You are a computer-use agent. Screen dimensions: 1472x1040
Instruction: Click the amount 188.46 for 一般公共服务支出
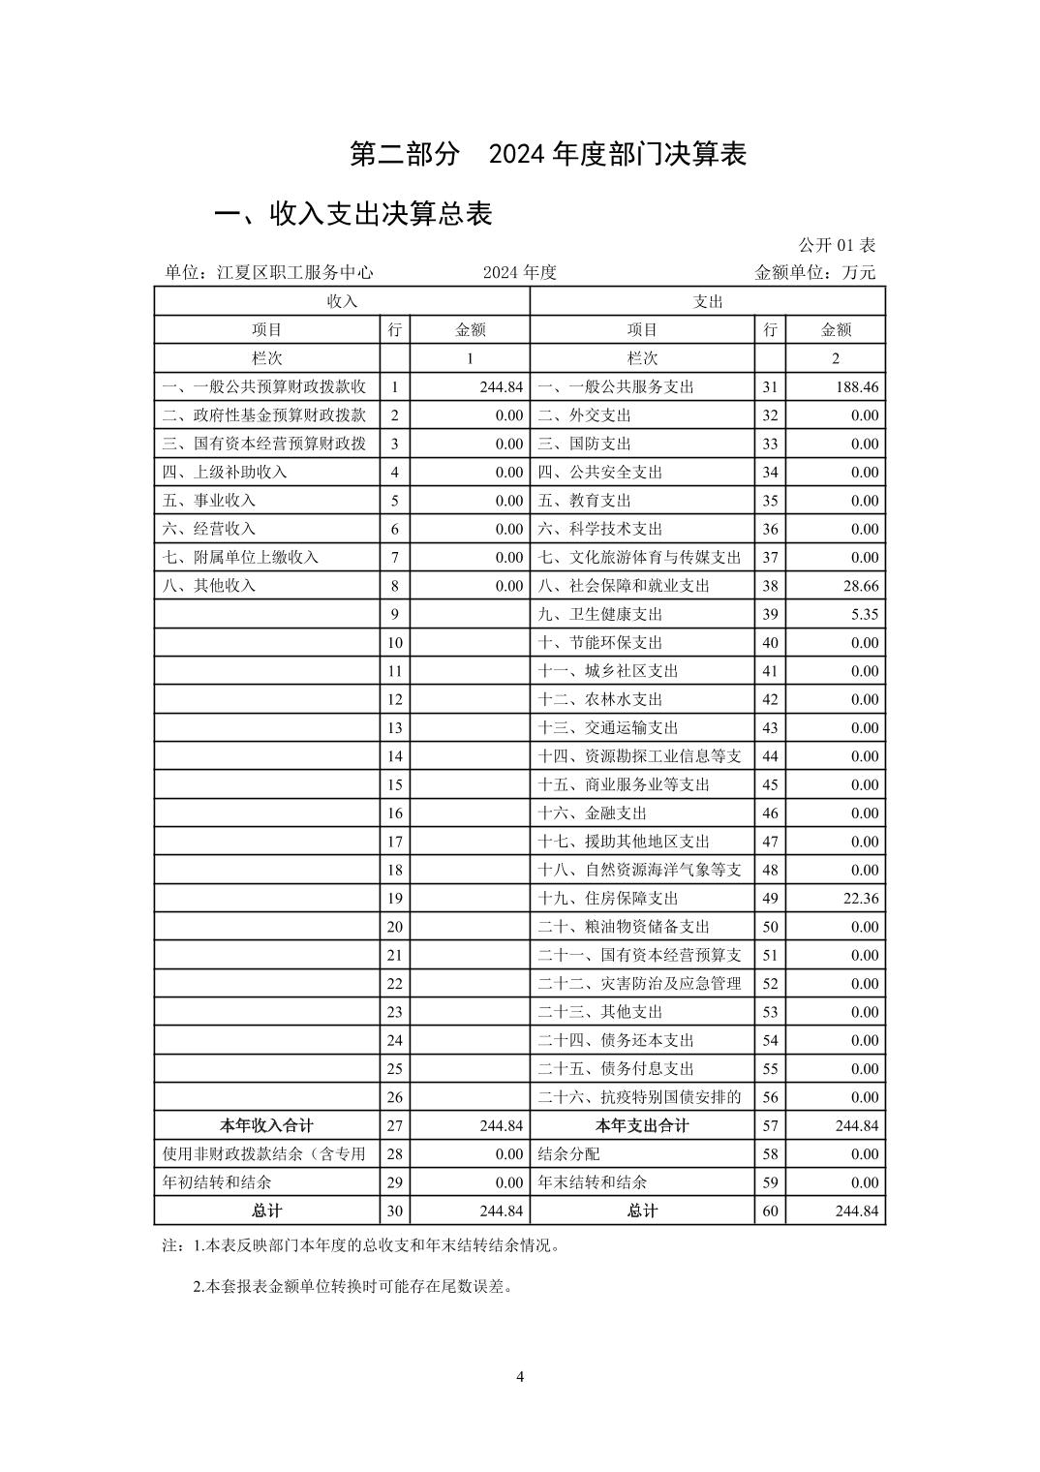pos(855,386)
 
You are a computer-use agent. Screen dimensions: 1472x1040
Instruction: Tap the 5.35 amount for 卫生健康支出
pos(864,614)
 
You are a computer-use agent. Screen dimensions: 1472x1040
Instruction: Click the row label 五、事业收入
pos(209,501)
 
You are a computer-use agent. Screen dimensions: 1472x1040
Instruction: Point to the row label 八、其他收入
pos(209,586)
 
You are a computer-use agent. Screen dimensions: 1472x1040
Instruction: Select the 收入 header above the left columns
pos(342,301)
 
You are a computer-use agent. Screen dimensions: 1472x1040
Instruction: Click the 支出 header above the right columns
pos(708,301)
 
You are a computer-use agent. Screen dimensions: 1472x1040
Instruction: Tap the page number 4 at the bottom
pos(520,1377)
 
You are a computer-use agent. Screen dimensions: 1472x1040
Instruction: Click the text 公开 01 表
pos(837,245)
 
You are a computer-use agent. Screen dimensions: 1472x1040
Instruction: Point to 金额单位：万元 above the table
pos(814,272)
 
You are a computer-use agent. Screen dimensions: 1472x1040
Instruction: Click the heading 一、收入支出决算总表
pos(353,214)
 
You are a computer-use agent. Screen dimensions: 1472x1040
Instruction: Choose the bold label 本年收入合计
pos(266,1125)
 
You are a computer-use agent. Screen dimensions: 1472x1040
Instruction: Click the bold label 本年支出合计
pos(642,1125)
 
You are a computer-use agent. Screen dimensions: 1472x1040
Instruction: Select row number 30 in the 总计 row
pos(395,1211)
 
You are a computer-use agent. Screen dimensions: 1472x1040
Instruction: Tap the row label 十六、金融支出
pos(592,813)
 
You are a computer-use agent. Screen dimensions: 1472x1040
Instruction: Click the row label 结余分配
pos(568,1154)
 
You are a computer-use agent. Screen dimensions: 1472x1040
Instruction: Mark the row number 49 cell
pos(770,899)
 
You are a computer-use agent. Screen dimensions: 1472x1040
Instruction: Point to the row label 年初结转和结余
pos(217,1182)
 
